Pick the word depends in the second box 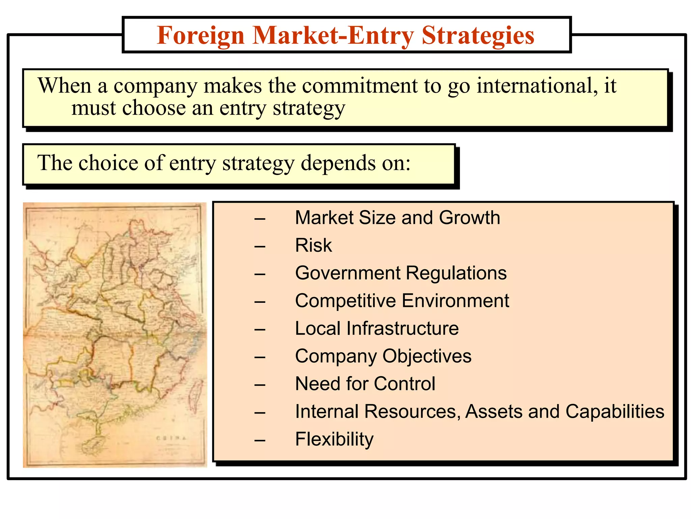coord(338,164)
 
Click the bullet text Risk coord(313,245)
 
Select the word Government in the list coord(348,273)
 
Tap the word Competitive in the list coord(345,301)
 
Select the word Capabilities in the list coord(615,412)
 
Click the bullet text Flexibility coord(334,439)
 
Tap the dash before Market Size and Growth coord(260,219)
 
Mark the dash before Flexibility coord(260,441)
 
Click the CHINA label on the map coord(171,438)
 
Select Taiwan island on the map coord(195,394)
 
